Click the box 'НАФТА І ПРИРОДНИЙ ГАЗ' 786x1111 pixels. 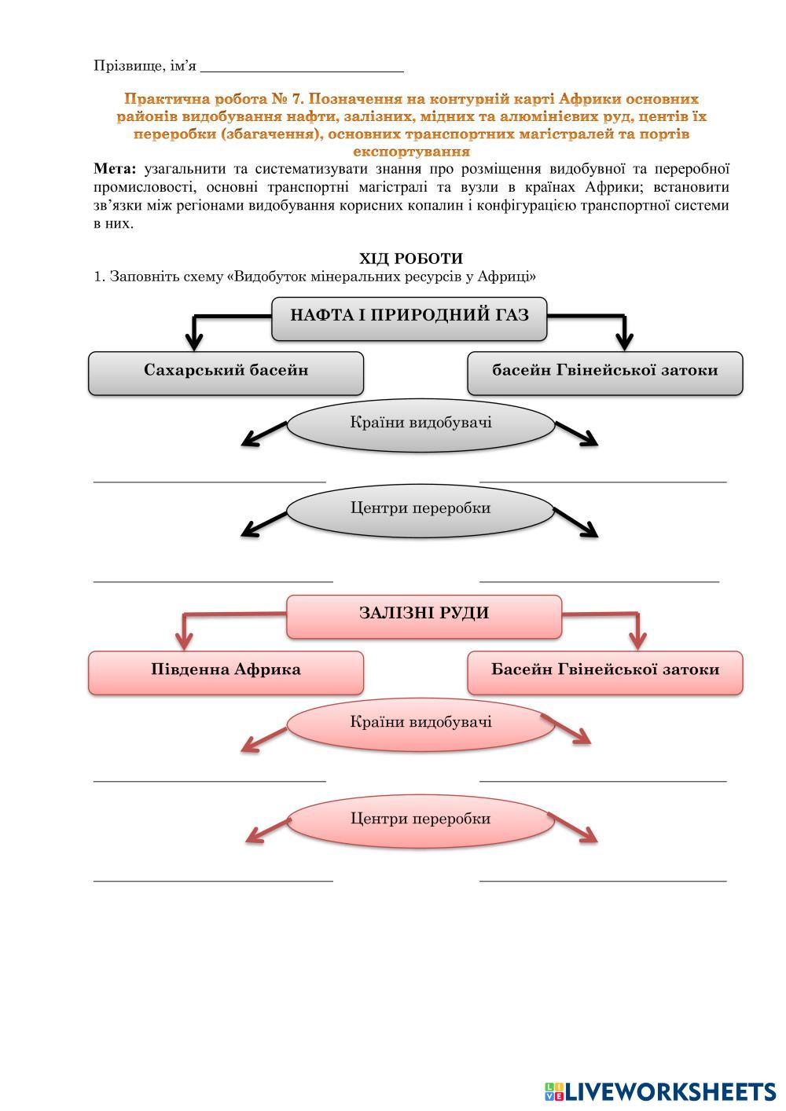409,316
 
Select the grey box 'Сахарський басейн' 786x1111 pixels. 226,371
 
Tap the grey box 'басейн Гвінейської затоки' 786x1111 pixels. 604,371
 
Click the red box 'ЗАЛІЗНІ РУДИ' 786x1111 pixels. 424,614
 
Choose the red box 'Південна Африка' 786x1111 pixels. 226,670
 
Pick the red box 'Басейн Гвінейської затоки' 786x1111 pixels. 604,670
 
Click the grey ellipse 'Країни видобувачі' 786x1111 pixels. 421,423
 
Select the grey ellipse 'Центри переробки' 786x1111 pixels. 421,508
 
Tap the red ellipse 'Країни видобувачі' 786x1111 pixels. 421,723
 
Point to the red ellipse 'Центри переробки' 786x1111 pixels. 421,819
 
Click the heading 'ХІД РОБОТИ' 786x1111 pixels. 411,258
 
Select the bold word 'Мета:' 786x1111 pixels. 115,169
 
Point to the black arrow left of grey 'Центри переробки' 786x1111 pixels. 262,525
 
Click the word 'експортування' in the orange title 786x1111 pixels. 411,151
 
